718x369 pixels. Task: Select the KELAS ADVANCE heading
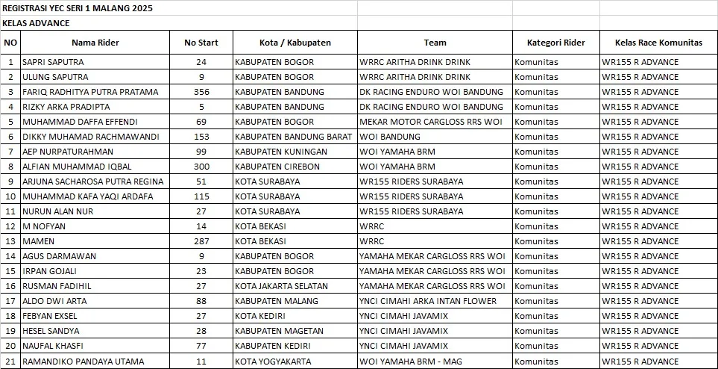click(36, 23)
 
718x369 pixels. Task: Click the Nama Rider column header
click(95, 43)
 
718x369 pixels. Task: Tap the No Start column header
click(201, 43)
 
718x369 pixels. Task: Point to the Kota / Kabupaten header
click(295, 43)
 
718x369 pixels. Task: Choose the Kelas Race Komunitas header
click(658, 43)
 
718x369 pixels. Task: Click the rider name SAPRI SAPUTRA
click(53, 62)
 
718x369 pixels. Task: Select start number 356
click(201, 92)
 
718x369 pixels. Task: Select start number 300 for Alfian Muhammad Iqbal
click(201, 167)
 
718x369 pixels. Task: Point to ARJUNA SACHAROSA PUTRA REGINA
click(93, 182)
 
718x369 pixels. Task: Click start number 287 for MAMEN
click(201, 241)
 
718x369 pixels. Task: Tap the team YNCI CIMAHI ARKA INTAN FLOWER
click(427, 301)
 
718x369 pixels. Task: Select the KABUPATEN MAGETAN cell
click(279, 331)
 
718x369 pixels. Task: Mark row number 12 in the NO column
click(10, 226)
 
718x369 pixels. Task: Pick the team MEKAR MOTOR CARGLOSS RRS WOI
click(431, 122)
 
